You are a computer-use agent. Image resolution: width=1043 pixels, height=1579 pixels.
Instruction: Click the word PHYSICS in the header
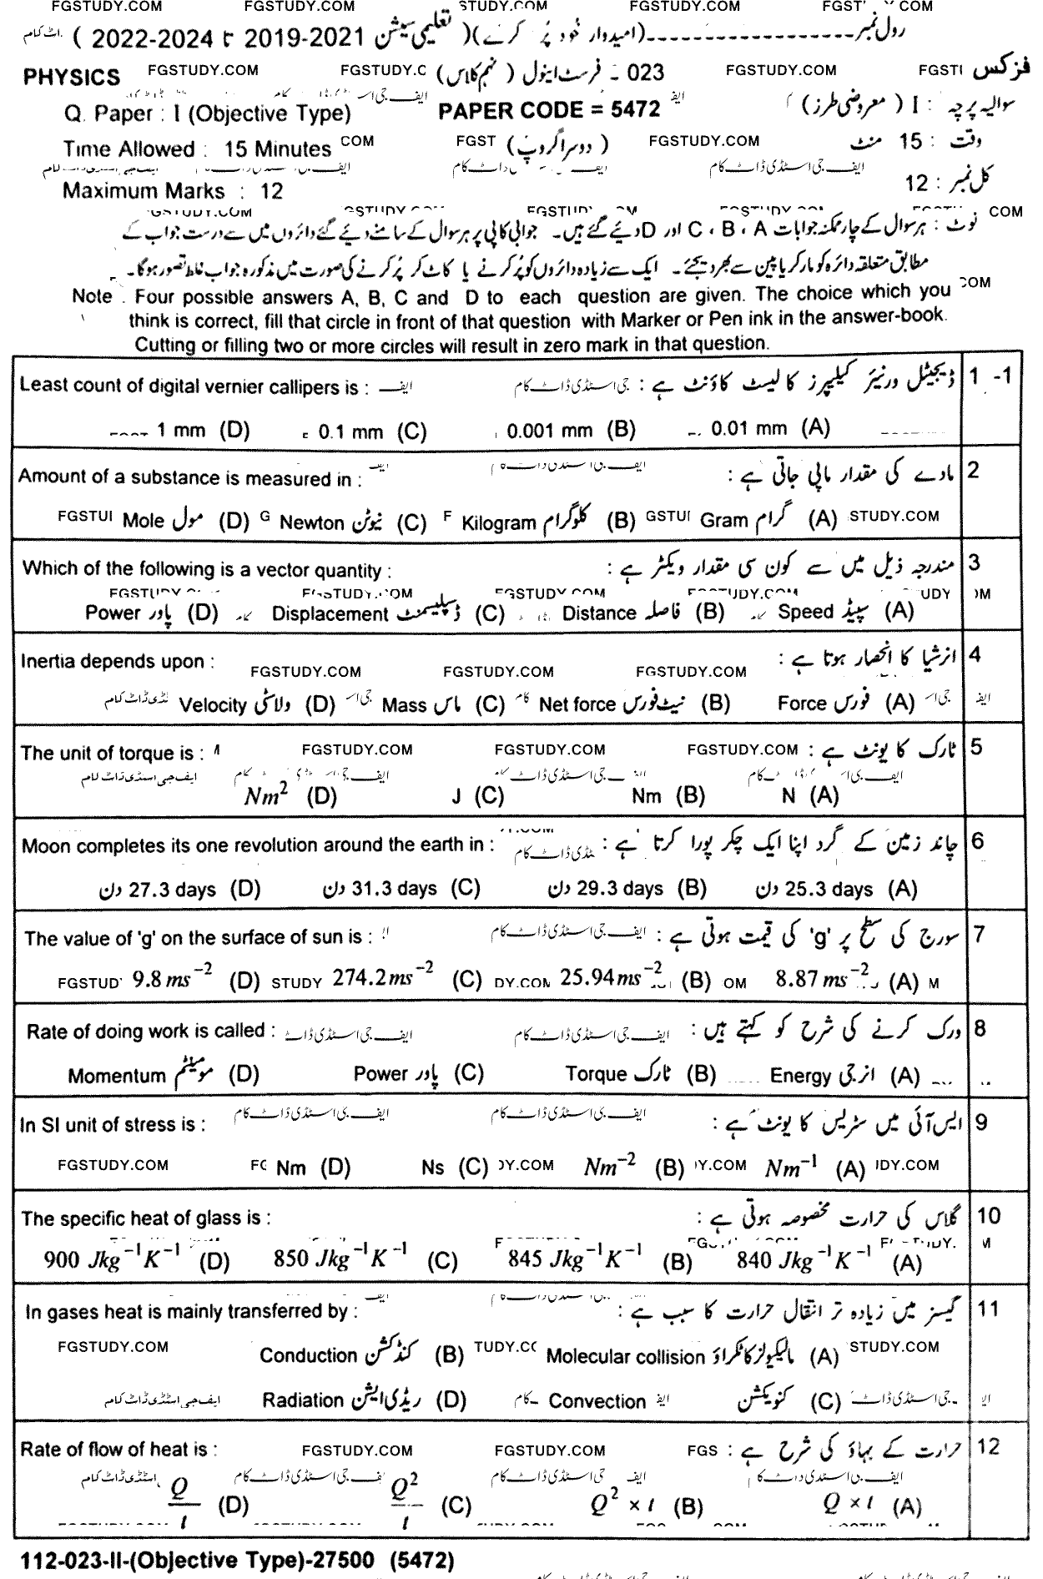[72, 78]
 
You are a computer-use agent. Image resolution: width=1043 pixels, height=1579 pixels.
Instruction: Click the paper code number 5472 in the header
[631, 109]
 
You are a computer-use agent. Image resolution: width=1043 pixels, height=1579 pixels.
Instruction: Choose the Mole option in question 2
[144, 522]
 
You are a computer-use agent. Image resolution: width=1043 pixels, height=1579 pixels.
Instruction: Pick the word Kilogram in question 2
[498, 523]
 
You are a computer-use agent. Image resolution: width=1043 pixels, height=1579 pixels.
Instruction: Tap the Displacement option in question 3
[330, 614]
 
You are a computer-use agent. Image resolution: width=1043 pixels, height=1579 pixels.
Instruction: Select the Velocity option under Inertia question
[213, 705]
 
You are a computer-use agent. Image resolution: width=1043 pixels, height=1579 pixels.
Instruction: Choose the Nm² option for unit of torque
[266, 795]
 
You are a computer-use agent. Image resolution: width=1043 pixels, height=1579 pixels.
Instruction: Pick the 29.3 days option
[618, 889]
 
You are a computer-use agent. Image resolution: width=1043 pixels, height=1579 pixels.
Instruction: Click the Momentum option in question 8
[117, 1076]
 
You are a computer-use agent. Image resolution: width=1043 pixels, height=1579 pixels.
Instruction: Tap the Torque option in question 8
[596, 1074]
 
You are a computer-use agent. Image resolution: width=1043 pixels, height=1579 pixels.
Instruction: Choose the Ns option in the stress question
[433, 1168]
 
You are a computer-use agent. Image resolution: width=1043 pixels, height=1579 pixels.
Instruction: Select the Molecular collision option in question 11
[625, 1357]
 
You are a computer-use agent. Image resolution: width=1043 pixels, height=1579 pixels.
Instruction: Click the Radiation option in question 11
[303, 1400]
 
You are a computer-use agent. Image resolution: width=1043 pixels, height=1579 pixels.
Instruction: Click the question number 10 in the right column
[986, 1216]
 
